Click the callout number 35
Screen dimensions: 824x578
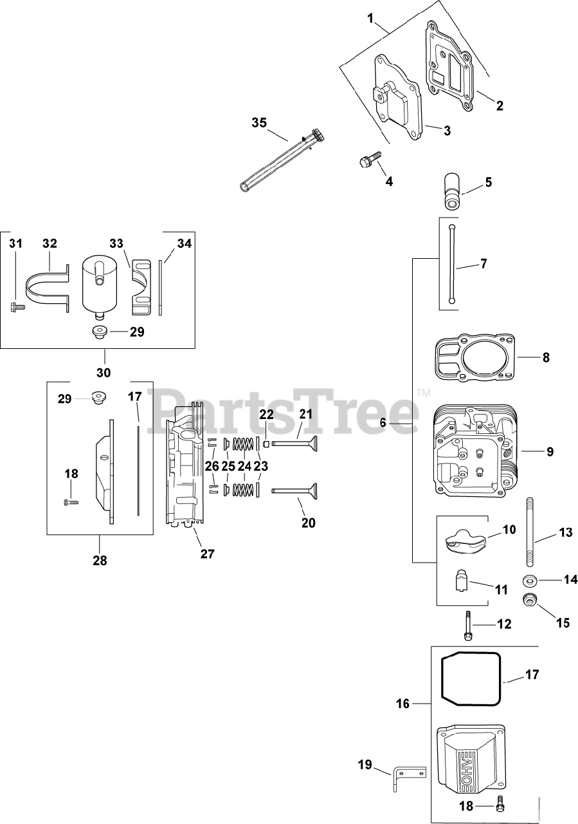click(259, 123)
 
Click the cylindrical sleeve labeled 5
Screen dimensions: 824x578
click(452, 191)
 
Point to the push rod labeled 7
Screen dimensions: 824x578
click(452, 264)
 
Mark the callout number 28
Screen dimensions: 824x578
click(100, 561)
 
